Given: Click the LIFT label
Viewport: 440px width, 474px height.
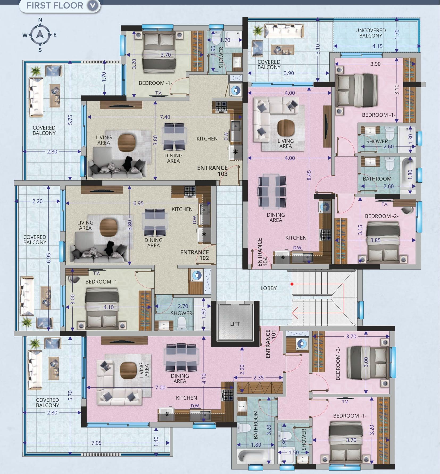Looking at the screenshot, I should tap(235, 324).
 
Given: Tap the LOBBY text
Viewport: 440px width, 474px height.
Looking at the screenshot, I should tap(268, 288).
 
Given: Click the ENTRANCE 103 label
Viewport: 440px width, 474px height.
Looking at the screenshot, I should tap(212, 171).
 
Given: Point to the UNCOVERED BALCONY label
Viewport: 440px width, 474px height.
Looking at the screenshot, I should tap(370, 33).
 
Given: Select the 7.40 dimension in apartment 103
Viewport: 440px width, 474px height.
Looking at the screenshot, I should tap(165, 117).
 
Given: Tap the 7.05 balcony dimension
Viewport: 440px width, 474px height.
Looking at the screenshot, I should tap(96, 443).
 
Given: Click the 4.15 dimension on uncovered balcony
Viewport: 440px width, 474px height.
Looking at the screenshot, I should tap(377, 46).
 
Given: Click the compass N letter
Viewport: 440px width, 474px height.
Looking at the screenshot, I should tap(40, 20).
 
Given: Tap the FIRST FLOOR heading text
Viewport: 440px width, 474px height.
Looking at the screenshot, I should tap(55, 6).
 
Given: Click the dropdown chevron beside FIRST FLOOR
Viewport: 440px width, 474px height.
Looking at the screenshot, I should tap(93, 6).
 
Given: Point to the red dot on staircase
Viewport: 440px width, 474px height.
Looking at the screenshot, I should tap(292, 284).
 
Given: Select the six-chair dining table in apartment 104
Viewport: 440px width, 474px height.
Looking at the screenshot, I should tap(272, 191).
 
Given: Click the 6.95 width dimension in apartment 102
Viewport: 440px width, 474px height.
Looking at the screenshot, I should tap(138, 203).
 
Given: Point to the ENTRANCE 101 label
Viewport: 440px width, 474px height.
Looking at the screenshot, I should tap(268, 344).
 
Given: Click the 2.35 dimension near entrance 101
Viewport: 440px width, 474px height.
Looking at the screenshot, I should tap(258, 377).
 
